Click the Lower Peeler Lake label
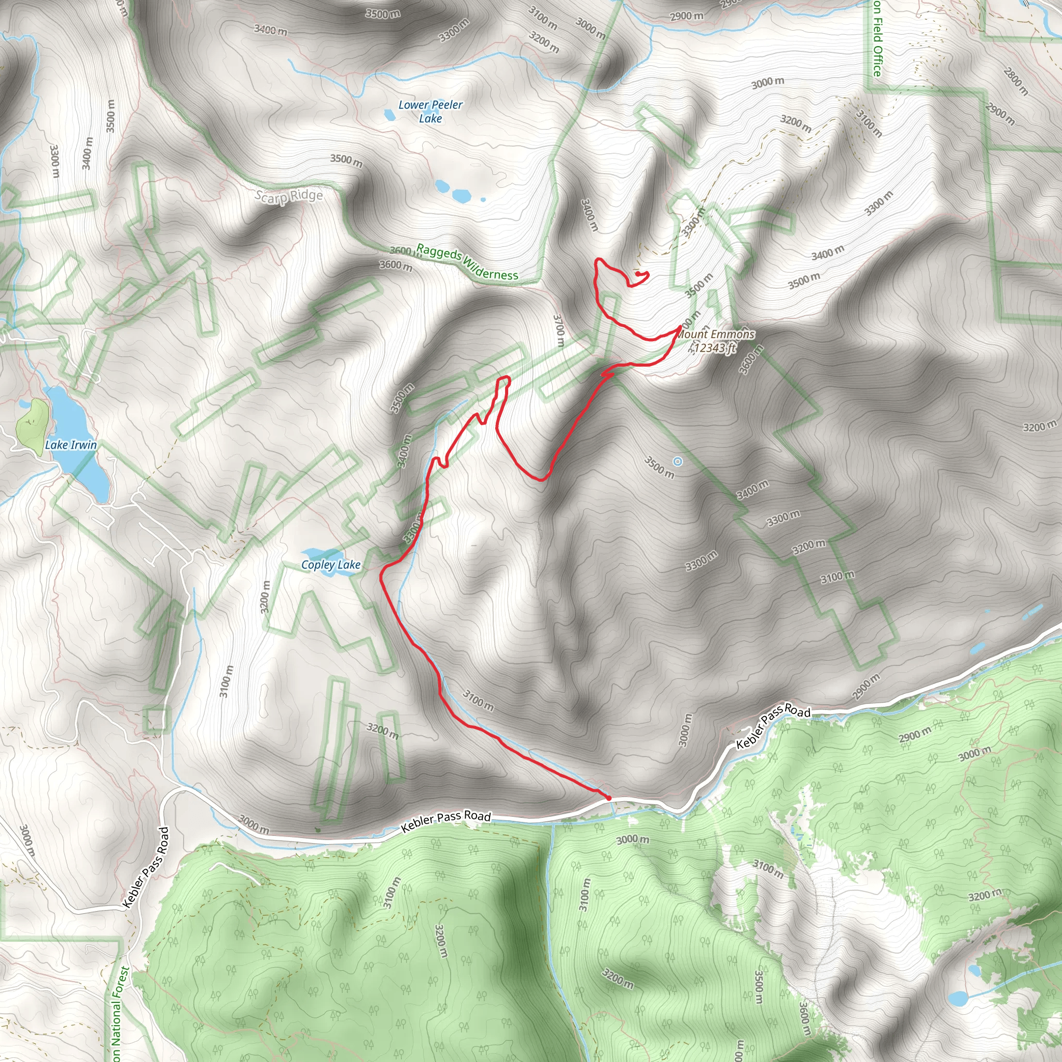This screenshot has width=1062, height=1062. (x=430, y=111)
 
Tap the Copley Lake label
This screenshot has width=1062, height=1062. (x=331, y=565)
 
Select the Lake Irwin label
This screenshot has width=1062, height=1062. (x=71, y=445)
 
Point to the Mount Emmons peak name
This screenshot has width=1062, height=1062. (x=716, y=334)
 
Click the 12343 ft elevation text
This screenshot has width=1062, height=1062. (x=714, y=348)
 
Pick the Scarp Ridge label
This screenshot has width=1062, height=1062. (x=289, y=196)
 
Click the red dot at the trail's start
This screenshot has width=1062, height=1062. (x=608, y=798)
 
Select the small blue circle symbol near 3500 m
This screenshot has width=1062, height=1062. (x=678, y=462)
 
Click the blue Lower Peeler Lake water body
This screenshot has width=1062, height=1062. (x=389, y=115)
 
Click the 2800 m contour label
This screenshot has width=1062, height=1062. (x=1015, y=81)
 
